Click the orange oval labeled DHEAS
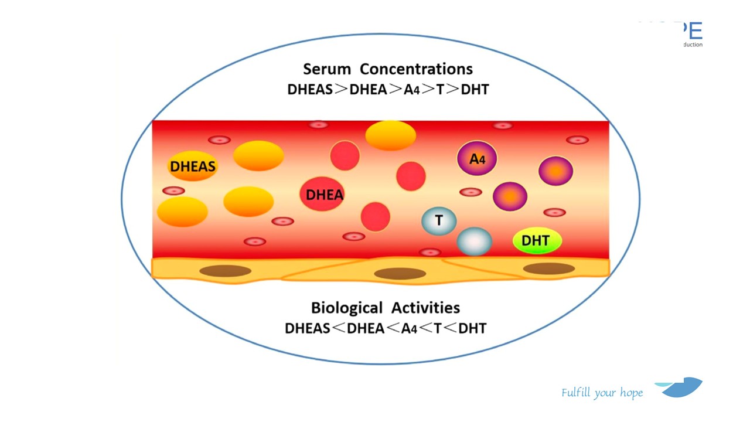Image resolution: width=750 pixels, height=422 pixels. [193, 166]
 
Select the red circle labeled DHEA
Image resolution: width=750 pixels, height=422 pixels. [324, 195]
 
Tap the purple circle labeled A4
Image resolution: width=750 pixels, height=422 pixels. [477, 158]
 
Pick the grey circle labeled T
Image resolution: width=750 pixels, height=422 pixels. [439, 221]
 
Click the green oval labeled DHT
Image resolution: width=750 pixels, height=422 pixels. [536, 240]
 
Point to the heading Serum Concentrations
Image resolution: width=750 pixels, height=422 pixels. [387, 69]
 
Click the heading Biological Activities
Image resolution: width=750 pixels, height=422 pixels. [386, 308]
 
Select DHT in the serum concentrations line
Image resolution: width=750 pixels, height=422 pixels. [475, 90]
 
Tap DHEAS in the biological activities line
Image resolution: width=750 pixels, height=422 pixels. [308, 328]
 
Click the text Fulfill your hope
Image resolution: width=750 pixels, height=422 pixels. [602, 393]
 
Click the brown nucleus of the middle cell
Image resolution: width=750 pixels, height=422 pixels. [400, 274]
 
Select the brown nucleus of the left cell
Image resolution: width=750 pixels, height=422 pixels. [226, 271]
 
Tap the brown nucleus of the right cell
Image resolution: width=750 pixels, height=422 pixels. [549, 269]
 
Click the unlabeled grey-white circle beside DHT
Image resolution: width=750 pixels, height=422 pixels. [475, 241]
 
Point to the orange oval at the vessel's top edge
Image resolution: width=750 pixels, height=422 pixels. [390, 135]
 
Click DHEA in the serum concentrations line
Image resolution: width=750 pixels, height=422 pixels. [368, 90]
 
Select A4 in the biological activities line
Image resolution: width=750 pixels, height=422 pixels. [409, 328]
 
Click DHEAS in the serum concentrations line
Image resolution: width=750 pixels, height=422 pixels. [309, 90]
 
